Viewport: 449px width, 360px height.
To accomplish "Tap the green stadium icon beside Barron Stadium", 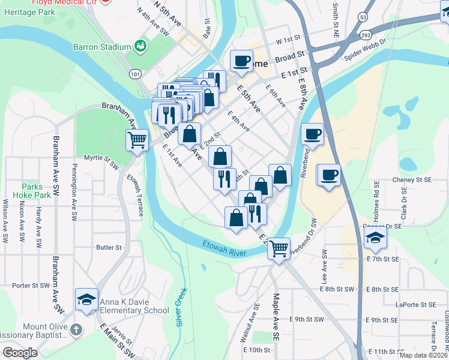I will (x=140, y=46).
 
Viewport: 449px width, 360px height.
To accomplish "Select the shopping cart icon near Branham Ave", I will (x=137, y=140).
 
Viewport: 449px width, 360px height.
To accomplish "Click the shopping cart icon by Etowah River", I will (x=279, y=247).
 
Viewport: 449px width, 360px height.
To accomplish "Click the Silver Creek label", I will (x=181, y=307).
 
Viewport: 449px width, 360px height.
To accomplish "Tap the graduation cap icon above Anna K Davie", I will (x=86, y=299).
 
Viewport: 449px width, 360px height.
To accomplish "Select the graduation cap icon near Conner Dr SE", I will (x=375, y=238).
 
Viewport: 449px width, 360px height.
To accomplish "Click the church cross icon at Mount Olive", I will (x=76, y=329).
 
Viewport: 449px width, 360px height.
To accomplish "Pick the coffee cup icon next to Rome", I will (x=241, y=61).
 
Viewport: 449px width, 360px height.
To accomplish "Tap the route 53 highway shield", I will (x=364, y=18).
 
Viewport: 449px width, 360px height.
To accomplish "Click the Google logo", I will (x=20, y=352).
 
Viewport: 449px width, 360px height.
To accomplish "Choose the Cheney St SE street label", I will (x=411, y=179).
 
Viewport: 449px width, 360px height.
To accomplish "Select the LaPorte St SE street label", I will (x=414, y=304).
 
